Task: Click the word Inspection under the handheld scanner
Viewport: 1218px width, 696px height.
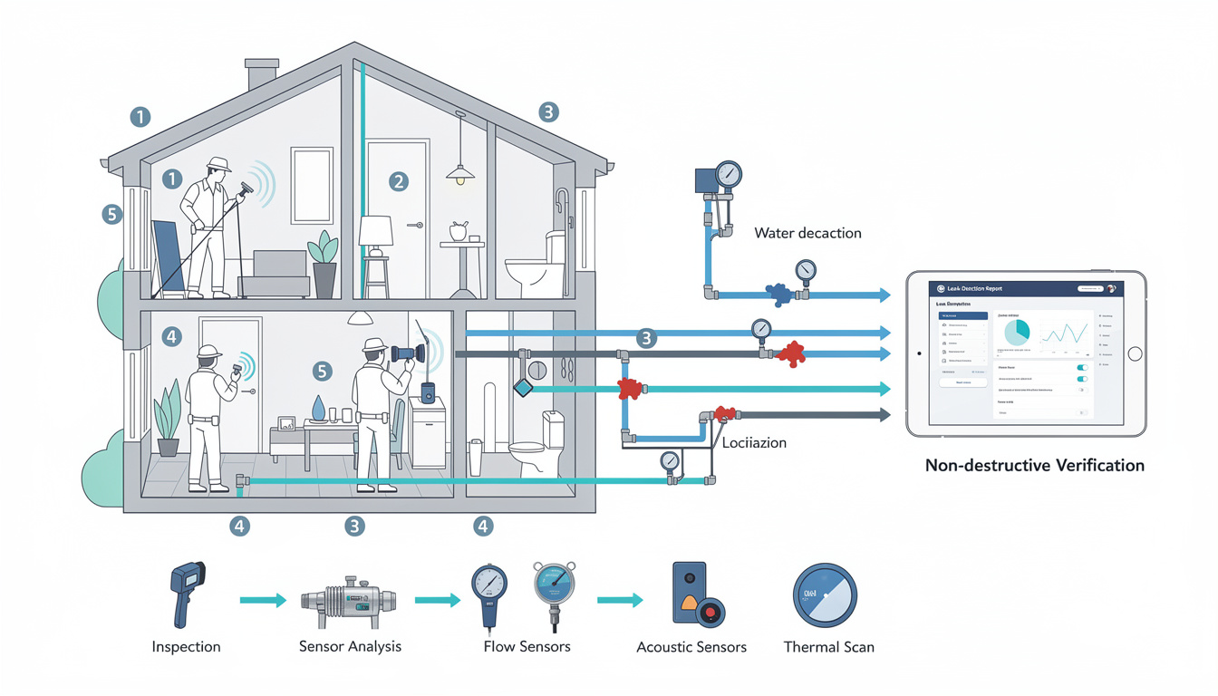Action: click(x=186, y=646)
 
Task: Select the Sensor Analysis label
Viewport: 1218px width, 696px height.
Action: click(x=350, y=646)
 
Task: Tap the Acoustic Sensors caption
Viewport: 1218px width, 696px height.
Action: click(x=691, y=647)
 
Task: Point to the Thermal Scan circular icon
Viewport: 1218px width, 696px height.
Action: click(x=824, y=595)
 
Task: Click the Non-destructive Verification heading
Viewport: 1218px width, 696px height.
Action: click(x=1034, y=466)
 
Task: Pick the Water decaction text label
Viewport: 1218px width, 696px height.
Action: click(x=807, y=233)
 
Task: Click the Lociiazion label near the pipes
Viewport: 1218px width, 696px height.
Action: click(x=754, y=443)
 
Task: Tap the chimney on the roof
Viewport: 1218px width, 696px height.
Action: click(x=262, y=73)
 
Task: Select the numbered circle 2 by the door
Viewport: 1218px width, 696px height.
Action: click(x=398, y=181)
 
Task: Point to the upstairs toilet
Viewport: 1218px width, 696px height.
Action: click(x=535, y=263)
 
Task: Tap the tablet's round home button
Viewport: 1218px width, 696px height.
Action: click(x=1135, y=353)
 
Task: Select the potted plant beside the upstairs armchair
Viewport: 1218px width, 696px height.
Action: click(x=323, y=263)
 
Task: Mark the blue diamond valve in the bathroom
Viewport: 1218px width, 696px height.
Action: click(x=523, y=388)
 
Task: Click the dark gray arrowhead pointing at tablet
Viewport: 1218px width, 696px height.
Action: click(x=883, y=415)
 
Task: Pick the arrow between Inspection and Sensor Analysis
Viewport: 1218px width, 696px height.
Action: click(x=263, y=600)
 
